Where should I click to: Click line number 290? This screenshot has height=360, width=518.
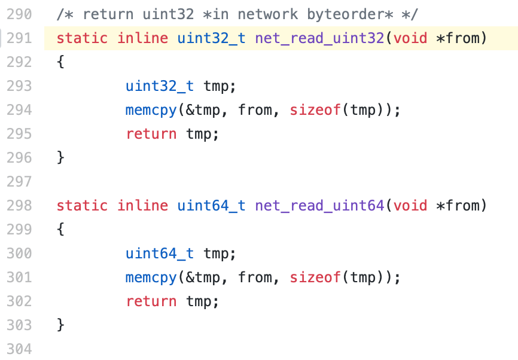click(19, 14)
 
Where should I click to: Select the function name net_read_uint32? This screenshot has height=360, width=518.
click(319, 38)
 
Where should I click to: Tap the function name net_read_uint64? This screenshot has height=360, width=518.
click(319, 206)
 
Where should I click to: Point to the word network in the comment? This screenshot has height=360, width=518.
click(264, 14)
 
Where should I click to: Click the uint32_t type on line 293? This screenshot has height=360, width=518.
click(160, 86)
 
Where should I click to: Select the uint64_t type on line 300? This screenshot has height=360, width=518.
click(160, 254)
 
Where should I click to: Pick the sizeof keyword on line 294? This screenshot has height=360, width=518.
click(315, 110)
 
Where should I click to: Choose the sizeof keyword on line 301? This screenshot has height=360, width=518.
click(315, 277)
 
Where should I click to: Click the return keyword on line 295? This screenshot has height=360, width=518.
click(151, 134)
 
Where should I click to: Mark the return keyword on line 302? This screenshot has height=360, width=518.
click(151, 301)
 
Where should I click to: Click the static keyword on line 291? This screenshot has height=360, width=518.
click(81, 38)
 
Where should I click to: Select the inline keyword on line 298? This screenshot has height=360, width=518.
click(142, 206)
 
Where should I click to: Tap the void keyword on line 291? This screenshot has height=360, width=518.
click(410, 38)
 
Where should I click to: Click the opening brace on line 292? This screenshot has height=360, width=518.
click(60, 62)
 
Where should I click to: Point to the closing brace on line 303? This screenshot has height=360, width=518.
click(60, 325)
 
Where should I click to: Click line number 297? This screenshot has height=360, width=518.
click(19, 182)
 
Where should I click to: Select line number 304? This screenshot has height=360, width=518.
click(19, 349)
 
